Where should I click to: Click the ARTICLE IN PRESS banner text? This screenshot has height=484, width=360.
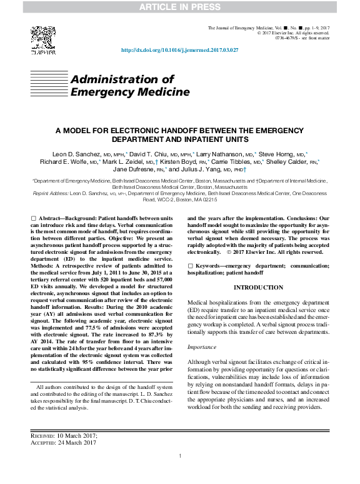pyautogui.click(x=180, y=7)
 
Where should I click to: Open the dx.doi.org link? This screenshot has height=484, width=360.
pyautogui.click(x=179, y=51)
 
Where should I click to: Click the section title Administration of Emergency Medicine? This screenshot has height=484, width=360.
pyautogui.click(x=129, y=86)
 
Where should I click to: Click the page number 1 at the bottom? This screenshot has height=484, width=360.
pyautogui.click(x=180, y=473)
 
